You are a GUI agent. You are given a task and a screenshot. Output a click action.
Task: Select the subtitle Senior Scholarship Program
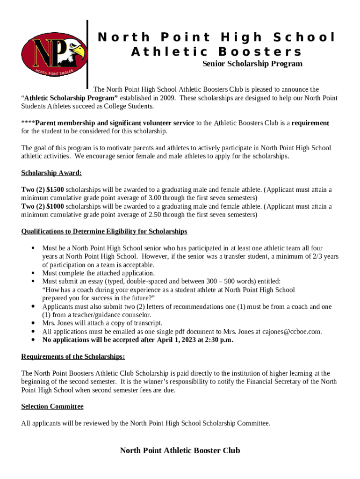[x=252, y=64]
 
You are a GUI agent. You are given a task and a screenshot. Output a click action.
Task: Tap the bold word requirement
[x=310, y=123]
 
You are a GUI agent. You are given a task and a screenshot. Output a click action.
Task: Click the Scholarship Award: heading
[x=51, y=173]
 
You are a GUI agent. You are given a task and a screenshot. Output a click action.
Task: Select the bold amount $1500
[x=55, y=189]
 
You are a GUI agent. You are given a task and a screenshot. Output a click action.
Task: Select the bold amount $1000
[x=55, y=206]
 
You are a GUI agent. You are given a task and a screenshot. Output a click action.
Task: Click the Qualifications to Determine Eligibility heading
[x=104, y=231]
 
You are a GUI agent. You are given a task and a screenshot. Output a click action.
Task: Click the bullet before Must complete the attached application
[x=32, y=273]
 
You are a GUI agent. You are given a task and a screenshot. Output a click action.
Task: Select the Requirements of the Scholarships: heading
[x=73, y=356]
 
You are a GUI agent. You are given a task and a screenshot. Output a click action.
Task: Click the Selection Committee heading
[x=52, y=406]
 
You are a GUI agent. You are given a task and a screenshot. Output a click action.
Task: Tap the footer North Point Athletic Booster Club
[x=180, y=450]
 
